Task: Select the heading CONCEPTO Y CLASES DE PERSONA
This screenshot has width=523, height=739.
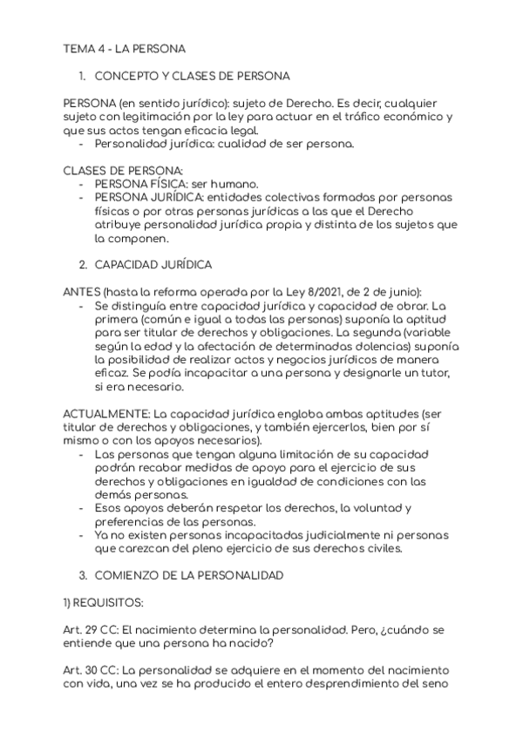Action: coord(192,76)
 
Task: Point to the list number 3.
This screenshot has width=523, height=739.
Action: coord(82,576)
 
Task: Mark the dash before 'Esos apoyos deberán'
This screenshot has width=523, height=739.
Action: coord(82,508)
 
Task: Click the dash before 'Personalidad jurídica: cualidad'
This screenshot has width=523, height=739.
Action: coord(82,144)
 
